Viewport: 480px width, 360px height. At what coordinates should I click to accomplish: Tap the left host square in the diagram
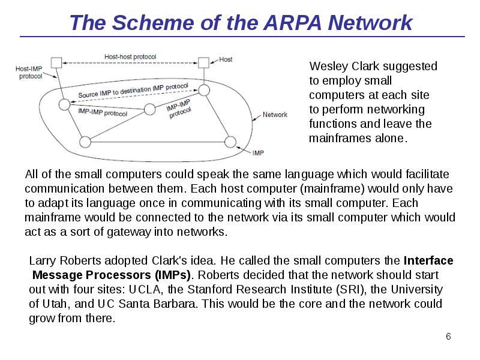pyautogui.click(x=56, y=62)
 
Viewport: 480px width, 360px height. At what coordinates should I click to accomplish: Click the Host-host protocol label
pyautogui.click(x=130, y=57)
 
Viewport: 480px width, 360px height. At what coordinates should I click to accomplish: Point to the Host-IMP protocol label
pyautogui.click(x=29, y=73)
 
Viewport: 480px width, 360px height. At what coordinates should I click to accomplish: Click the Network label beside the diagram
pyautogui.click(x=275, y=115)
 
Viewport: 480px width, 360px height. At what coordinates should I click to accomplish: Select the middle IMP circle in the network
pyautogui.click(x=150, y=109)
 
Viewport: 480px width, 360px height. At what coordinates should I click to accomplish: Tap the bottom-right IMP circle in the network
pyautogui.click(x=230, y=142)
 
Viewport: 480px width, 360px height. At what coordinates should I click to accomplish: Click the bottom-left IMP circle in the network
pyautogui.click(x=85, y=142)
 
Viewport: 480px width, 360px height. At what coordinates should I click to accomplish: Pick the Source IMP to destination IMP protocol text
pyautogui.click(x=134, y=92)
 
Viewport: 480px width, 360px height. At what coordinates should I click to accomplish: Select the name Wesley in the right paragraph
pyautogui.click(x=328, y=66)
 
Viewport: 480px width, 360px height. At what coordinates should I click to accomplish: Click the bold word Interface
pyautogui.click(x=428, y=261)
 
